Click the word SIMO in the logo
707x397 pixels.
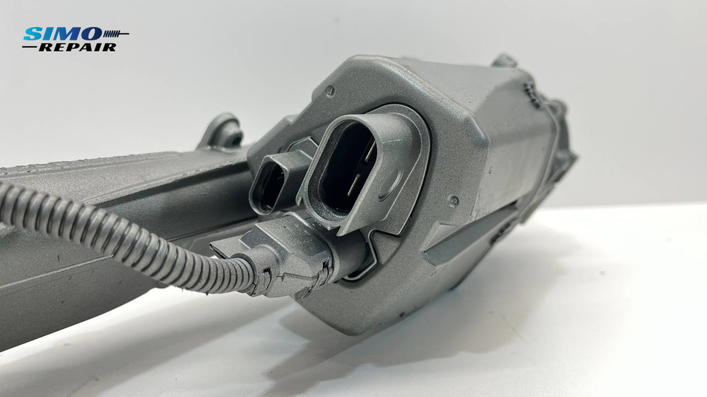coord(62,34)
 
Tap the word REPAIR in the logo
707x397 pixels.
coord(78,47)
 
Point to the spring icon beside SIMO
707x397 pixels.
coord(116,34)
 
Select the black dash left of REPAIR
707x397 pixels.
coord(30,47)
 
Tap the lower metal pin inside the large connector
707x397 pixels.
coord(353,185)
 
